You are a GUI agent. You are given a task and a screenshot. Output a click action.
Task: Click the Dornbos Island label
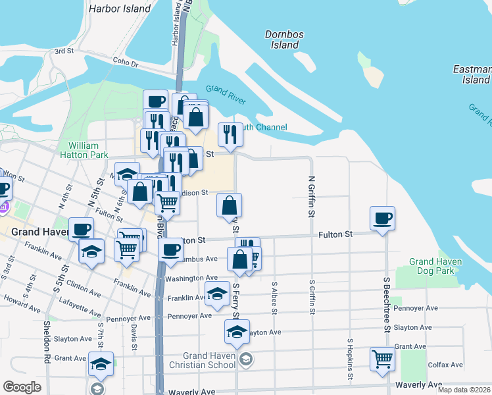(282, 39)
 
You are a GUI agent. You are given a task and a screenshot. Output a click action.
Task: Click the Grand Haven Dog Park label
(435, 266)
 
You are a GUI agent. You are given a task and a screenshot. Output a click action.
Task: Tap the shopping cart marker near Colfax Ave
(382, 359)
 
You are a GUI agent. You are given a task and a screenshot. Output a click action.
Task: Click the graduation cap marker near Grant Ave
(101, 363)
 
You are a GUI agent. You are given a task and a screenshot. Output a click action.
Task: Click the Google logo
(22, 387)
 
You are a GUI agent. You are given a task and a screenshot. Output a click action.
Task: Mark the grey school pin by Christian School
(245, 359)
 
